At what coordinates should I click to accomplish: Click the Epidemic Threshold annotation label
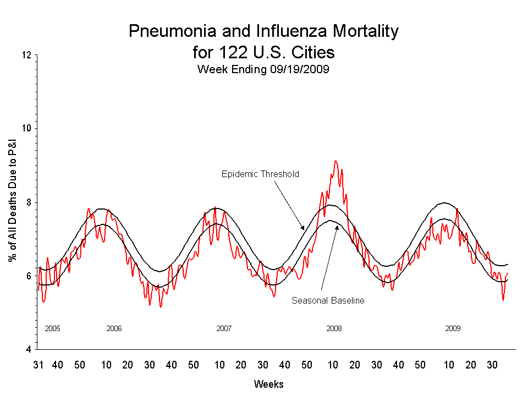(x=260, y=174)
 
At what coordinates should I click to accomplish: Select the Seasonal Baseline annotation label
(x=328, y=301)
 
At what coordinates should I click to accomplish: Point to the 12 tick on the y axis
(x=26, y=55)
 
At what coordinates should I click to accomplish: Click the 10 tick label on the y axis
(x=26, y=129)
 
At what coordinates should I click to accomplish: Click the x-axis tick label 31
(x=38, y=365)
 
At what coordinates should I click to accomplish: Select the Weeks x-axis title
(x=269, y=384)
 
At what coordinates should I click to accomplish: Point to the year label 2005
(x=52, y=328)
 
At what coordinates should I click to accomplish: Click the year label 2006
(x=114, y=328)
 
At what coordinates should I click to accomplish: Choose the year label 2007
(x=224, y=328)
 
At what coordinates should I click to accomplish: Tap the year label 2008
(x=334, y=328)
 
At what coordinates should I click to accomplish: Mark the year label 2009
(x=453, y=328)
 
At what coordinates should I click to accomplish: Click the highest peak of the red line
(x=336, y=161)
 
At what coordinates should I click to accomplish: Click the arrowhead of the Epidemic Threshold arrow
(x=302, y=228)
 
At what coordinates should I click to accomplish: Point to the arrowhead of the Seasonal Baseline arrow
(x=337, y=226)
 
